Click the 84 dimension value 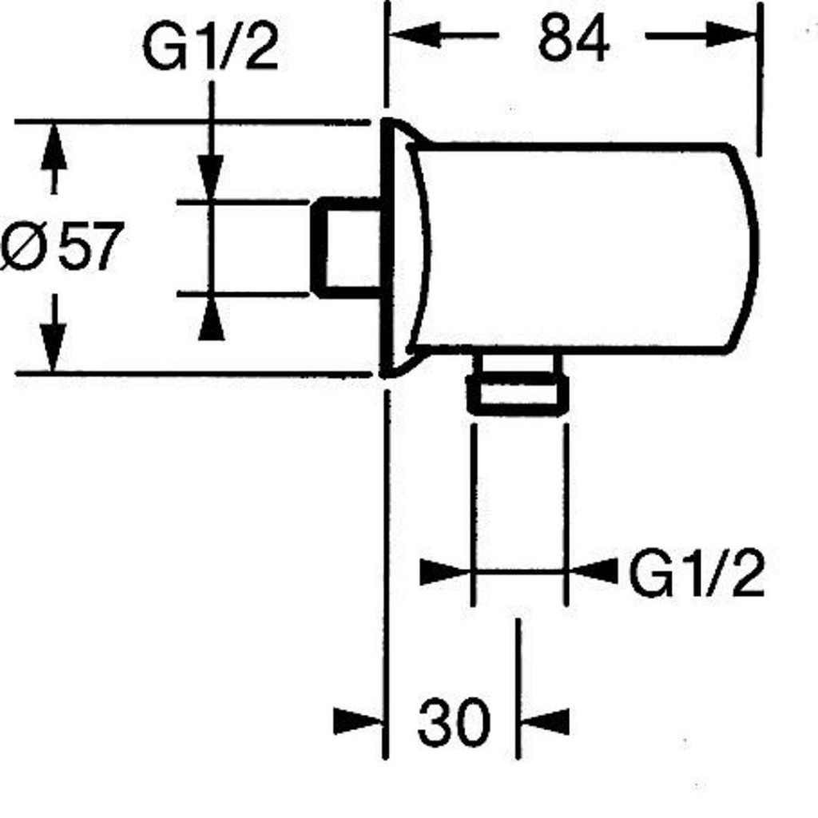point(573,38)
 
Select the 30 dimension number point(455,721)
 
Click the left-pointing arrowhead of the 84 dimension point(415,35)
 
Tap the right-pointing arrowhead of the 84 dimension point(731,34)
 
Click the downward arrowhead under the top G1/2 point(211,177)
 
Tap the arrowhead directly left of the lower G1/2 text point(592,572)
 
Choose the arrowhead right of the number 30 point(545,721)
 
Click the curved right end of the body point(748,248)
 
